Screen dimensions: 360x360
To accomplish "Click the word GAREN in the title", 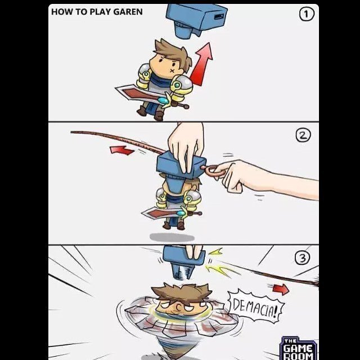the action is (x=128, y=12).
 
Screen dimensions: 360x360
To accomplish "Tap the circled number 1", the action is (x=307, y=14).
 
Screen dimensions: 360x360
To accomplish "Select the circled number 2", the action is (x=303, y=135).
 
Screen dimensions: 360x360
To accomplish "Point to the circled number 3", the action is (x=302, y=258).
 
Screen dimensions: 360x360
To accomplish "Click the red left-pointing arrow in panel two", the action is (x=121, y=150).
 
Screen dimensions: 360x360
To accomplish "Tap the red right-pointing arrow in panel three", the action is (x=281, y=289).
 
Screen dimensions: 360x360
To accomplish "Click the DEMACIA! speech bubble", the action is (x=256, y=307).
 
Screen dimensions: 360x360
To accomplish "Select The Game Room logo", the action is (x=299, y=348).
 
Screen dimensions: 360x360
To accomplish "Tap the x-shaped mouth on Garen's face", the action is (x=172, y=70).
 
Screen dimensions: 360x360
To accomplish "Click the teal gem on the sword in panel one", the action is (x=163, y=101).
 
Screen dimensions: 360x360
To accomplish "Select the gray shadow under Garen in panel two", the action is (x=172, y=237).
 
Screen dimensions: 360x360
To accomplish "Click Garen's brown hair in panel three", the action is (x=181, y=292).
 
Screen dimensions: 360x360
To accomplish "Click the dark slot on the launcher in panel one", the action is (x=219, y=17).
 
